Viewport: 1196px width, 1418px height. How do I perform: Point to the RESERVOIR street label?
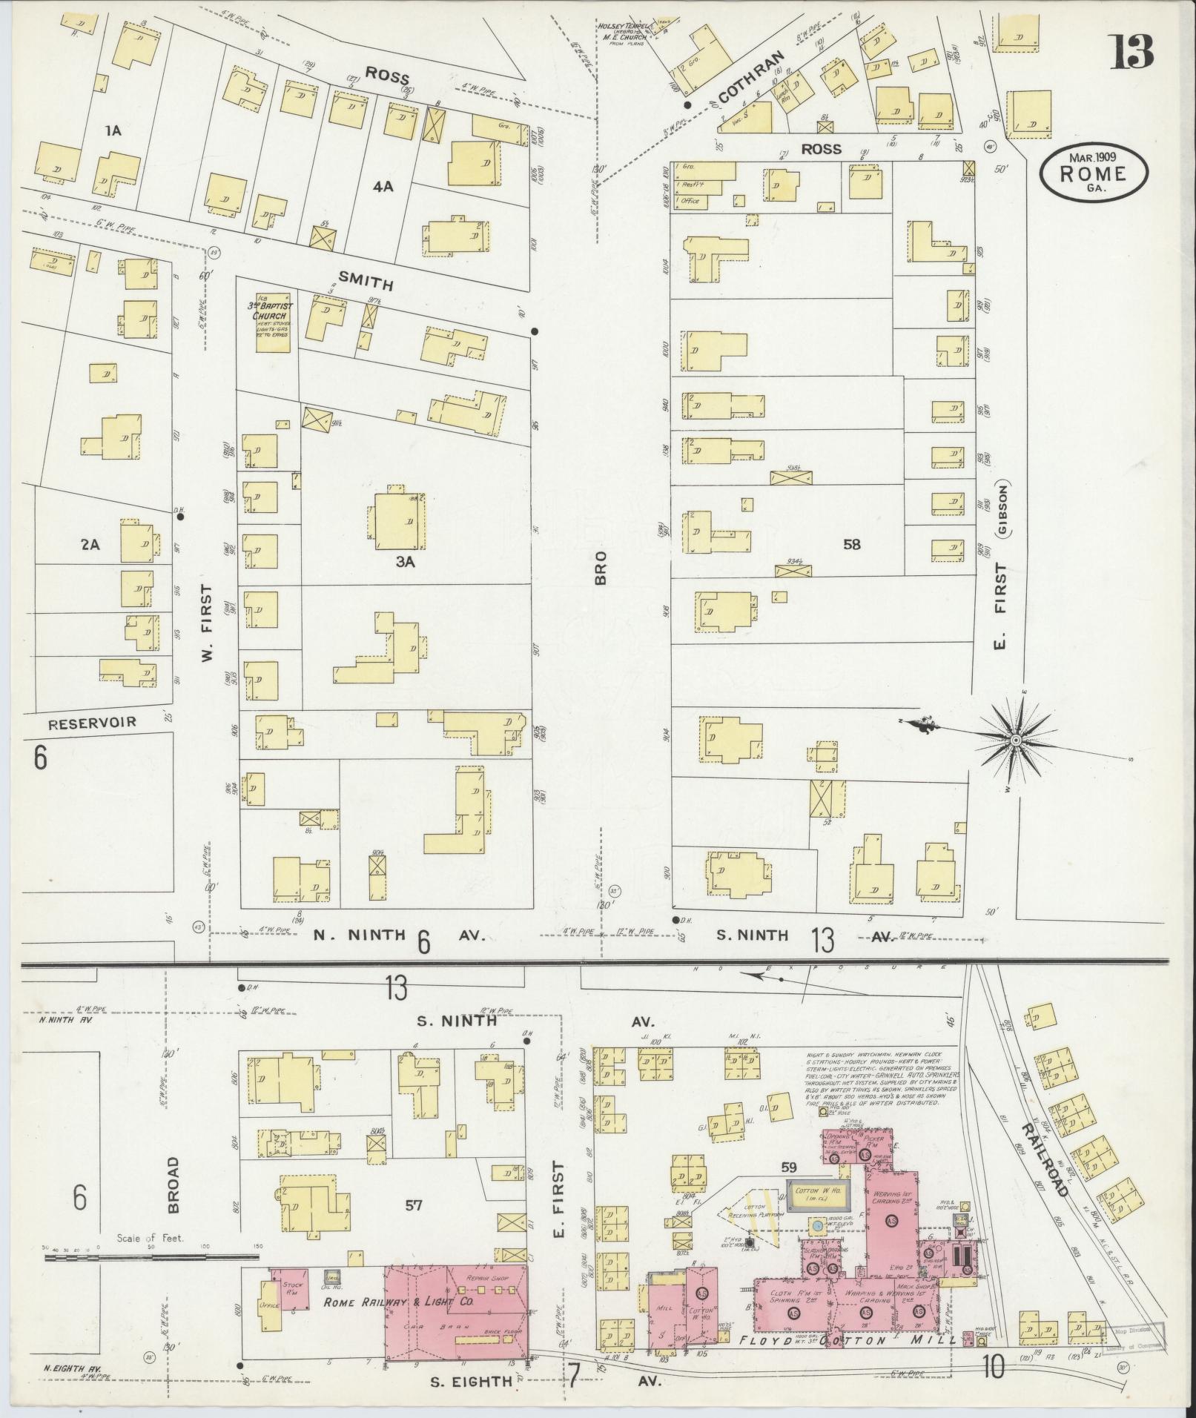(92, 722)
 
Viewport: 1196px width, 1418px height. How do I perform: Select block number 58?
(852, 545)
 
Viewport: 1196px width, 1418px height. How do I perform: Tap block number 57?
(413, 1205)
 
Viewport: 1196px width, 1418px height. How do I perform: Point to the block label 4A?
(383, 188)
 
